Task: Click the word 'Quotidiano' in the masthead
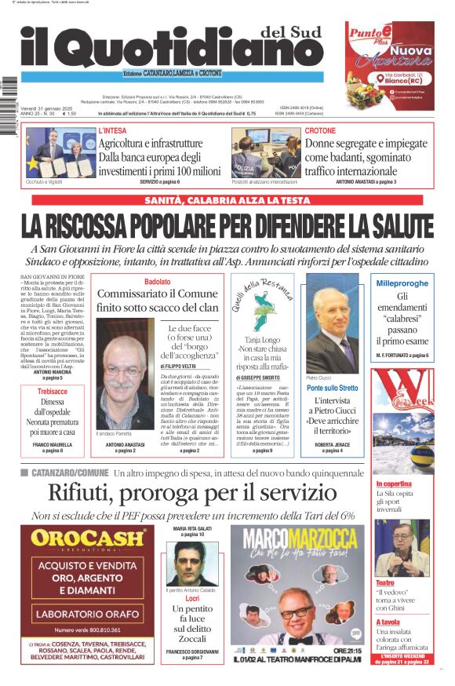tap(180, 52)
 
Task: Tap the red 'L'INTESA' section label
tap(112, 131)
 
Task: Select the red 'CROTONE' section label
tap(320, 131)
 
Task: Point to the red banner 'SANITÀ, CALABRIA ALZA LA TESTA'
tap(227, 200)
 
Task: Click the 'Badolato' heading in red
tap(157, 282)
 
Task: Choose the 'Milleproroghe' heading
tap(402, 283)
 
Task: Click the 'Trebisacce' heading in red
tap(53, 391)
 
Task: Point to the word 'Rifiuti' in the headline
tap(85, 493)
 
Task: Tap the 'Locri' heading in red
tap(192, 598)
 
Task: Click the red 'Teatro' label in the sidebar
tap(384, 583)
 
